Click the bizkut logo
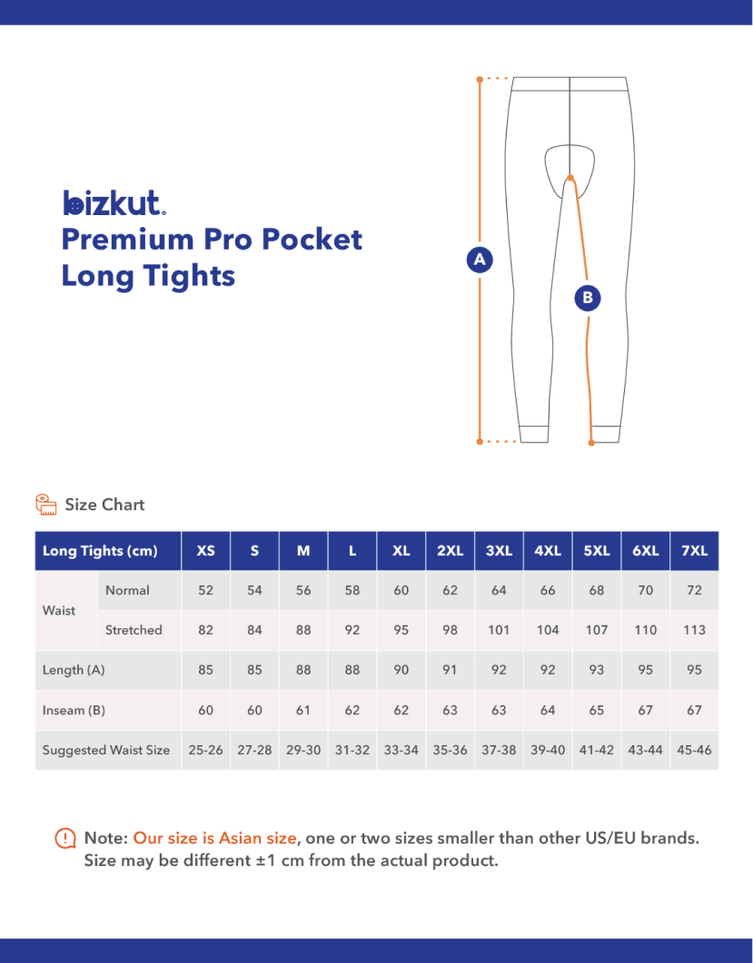click(114, 202)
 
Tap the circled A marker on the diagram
click(479, 259)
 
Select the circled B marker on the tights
click(588, 297)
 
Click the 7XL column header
click(694, 551)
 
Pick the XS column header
click(206, 551)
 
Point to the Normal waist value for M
click(303, 590)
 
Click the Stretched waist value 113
click(694, 630)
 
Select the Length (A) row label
click(74, 670)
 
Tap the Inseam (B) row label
click(74, 710)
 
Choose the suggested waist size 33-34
click(401, 750)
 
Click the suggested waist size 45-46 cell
click(694, 750)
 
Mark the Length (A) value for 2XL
click(450, 670)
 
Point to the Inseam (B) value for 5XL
click(596, 710)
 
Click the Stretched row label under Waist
click(134, 630)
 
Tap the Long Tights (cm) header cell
click(100, 551)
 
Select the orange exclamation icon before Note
click(65, 839)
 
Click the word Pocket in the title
click(312, 239)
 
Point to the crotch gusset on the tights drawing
click(570, 163)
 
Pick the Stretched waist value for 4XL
click(548, 630)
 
